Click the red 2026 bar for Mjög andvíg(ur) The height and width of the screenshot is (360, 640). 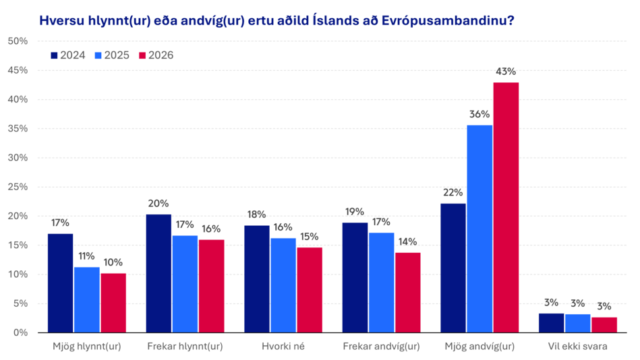pyautogui.click(x=506, y=207)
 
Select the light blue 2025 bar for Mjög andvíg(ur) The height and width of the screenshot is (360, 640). pyautogui.click(x=479, y=229)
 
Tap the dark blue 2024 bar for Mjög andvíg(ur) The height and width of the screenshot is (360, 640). pyautogui.click(x=453, y=268)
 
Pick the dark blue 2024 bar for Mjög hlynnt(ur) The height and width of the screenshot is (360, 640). pyautogui.click(x=60, y=282)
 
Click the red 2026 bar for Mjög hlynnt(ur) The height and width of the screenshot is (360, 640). pyautogui.click(x=113, y=303)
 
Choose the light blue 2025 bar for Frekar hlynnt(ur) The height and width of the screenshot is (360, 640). pyautogui.click(x=185, y=284)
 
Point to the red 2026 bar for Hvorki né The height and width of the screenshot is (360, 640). pyautogui.click(x=310, y=289)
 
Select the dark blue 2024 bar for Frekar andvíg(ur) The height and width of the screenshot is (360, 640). pyautogui.click(x=355, y=277)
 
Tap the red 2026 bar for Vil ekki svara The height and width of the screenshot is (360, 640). pyautogui.click(x=605, y=324)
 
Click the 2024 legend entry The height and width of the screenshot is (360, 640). pyautogui.click(x=68, y=55)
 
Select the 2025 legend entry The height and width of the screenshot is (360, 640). pyautogui.click(x=112, y=55)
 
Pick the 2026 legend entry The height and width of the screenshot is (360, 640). pyautogui.click(x=156, y=55)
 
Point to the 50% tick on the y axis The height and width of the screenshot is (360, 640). pyautogui.click(x=17, y=41)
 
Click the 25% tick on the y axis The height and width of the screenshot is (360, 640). pyautogui.click(x=17, y=187)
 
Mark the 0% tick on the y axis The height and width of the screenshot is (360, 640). pyautogui.click(x=18, y=332)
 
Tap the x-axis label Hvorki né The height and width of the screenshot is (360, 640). pyautogui.click(x=283, y=347)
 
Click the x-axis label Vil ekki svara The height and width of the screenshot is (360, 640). pyautogui.click(x=578, y=347)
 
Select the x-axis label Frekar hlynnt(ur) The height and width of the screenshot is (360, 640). pyautogui.click(x=185, y=347)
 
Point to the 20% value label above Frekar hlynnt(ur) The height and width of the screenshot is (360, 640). pyautogui.click(x=158, y=203)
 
